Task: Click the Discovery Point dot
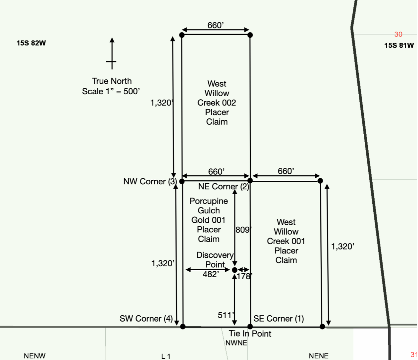point(235,270)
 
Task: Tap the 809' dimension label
point(244,230)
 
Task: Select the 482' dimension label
point(211,274)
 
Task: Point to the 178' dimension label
point(244,276)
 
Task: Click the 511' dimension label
point(226,315)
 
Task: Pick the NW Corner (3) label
point(150,181)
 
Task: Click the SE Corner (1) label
point(279,319)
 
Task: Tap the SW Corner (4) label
point(146,319)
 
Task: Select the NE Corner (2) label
point(224,187)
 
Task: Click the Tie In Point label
point(250,334)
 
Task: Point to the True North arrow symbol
point(112,54)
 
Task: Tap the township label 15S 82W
point(31,43)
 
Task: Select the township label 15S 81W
point(399,45)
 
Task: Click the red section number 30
point(398,34)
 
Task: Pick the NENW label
point(34,356)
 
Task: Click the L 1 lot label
point(166,356)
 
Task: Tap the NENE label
point(319,356)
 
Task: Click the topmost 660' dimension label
point(216,25)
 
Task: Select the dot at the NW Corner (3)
point(182,181)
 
